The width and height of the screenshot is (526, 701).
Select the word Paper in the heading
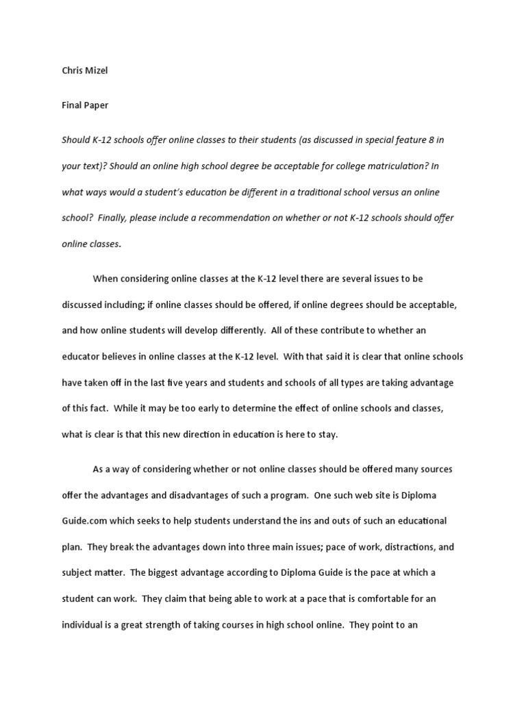pos(95,105)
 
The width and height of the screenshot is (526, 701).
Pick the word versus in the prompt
pos(388,192)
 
